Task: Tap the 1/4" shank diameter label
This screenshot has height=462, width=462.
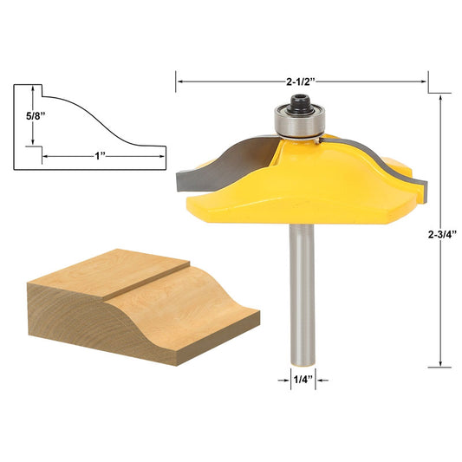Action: coord(298,378)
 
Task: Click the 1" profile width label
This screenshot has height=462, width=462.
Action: coord(101,156)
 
